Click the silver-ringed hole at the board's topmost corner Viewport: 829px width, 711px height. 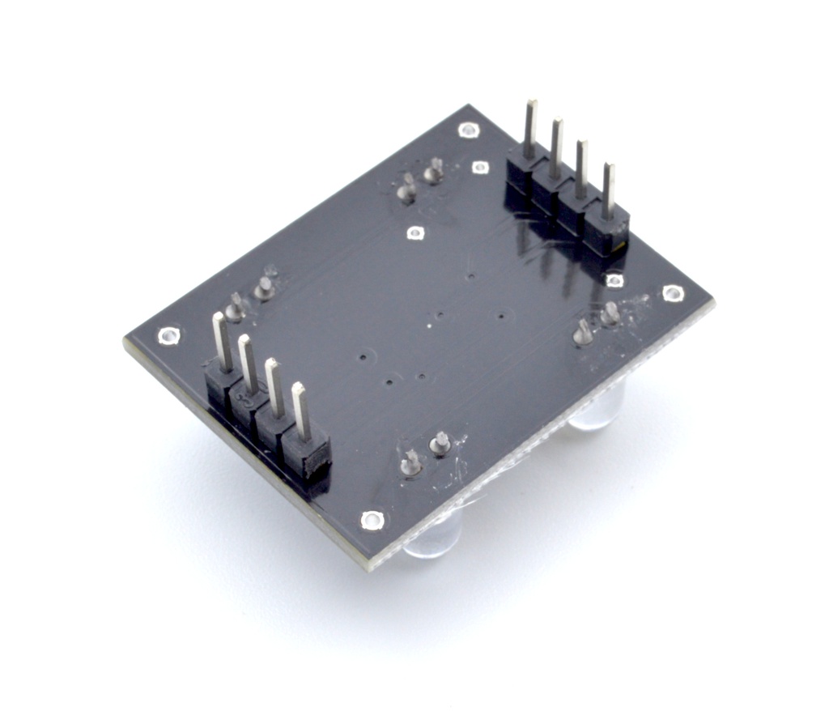466,130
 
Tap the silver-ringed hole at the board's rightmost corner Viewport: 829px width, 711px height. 672,293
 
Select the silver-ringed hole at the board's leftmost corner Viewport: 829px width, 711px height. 168,334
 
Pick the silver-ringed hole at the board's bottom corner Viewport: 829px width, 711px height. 371,520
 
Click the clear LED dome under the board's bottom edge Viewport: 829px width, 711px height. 432,538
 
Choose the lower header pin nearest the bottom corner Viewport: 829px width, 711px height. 300,412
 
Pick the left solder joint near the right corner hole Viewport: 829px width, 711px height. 582,331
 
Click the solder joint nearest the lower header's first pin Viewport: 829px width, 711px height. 236,308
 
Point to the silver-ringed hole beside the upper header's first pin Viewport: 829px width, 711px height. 480,167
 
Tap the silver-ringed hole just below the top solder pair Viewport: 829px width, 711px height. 414,234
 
